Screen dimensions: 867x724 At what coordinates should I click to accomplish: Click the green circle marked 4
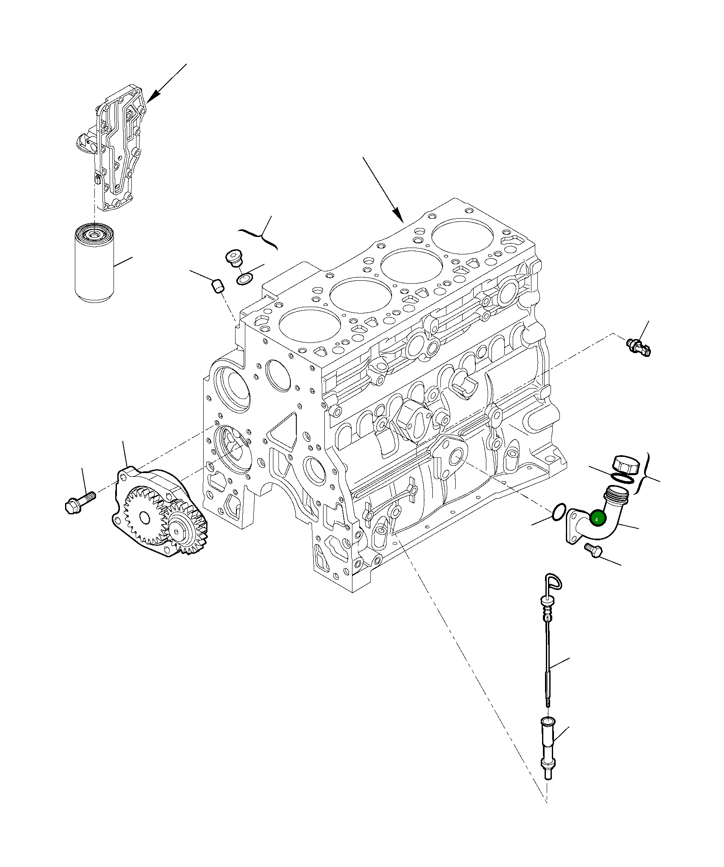coord(596,519)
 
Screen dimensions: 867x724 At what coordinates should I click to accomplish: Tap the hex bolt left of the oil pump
coord(79,502)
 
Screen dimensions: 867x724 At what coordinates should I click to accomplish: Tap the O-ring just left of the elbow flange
coord(560,511)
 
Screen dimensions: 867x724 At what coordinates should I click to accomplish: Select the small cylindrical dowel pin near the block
coord(217,286)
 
